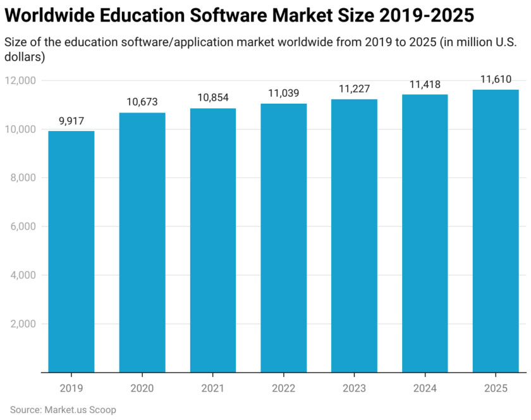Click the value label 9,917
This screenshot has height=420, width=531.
(x=71, y=120)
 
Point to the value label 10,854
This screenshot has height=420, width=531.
(x=213, y=97)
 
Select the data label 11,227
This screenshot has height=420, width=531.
(x=354, y=89)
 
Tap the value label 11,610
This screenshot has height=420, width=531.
(x=496, y=79)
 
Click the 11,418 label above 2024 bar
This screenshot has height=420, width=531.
(x=425, y=84)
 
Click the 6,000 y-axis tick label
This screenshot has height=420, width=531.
(x=24, y=226)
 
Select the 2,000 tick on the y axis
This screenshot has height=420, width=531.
(x=24, y=324)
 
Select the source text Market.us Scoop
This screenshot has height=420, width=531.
(x=80, y=409)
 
